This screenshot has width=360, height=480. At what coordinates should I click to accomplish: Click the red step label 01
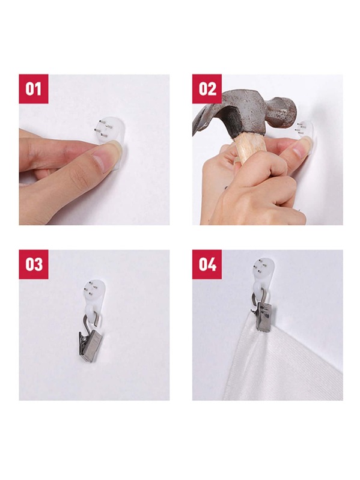(34, 89)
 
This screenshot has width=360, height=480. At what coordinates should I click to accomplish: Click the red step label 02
(207, 89)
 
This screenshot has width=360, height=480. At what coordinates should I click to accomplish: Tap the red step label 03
(34, 264)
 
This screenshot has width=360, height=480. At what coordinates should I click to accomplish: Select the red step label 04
(207, 264)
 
